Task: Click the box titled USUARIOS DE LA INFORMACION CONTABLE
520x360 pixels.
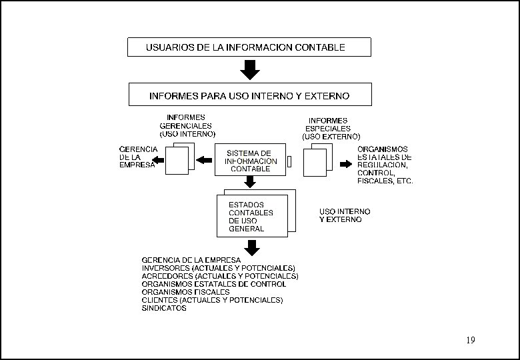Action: (x=249, y=47)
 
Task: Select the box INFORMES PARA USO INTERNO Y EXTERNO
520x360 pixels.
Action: (x=249, y=95)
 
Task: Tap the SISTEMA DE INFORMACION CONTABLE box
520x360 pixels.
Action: (x=250, y=160)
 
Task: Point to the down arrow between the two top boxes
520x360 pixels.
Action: (x=249, y=70)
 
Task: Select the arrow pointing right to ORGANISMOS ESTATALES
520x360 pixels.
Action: (x=345, y=163)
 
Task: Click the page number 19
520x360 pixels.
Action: (x=471, y=341)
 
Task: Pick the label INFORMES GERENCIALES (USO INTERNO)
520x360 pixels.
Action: (x=186, y=125)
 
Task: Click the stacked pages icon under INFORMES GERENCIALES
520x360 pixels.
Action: (x=179, y=160)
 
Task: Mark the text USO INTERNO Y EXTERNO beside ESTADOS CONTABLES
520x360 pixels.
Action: (x=345, y=215)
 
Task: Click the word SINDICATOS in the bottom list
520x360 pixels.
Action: (x=164, y=308)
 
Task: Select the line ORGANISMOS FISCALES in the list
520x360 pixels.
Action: (x=185, y=292)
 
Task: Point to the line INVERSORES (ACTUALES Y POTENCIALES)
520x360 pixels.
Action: (x=218, y=268)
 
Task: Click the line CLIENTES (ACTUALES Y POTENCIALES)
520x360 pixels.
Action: (x=212, y=300)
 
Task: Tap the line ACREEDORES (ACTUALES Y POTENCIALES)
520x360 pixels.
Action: (x=219, y=276)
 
